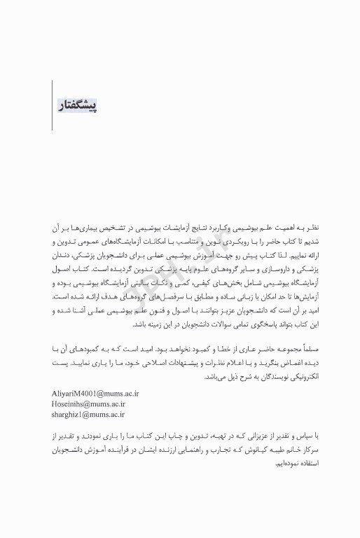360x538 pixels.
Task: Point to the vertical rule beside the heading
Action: (53, 105)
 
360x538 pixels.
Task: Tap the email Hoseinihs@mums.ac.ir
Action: (88, 403)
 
